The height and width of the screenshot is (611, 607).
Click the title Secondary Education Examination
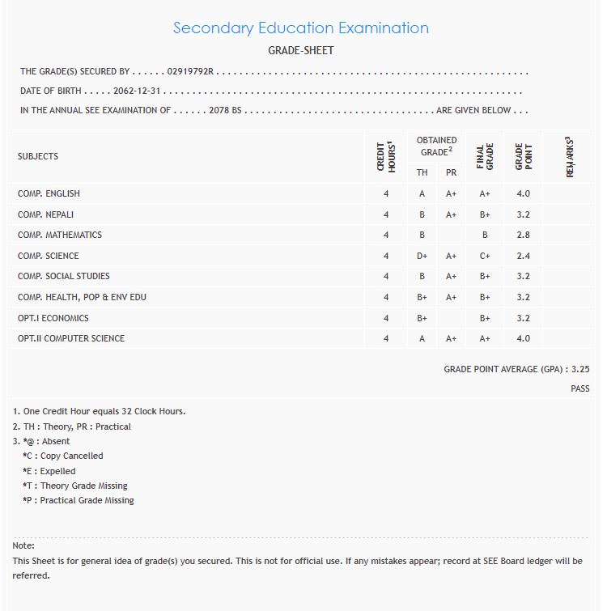point(300,28)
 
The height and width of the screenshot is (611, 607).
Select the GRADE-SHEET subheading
point(300,51)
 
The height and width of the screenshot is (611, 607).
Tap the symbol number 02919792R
point(189,72)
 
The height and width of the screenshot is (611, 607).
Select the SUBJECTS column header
point(38,156)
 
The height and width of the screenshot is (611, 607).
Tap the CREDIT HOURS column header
point(385,156)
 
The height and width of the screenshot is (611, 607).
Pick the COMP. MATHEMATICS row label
point(60,235)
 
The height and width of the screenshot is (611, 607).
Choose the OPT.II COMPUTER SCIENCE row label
point(71,338)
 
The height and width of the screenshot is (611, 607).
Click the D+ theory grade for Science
point(422,256)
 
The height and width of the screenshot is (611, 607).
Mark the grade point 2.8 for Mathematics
point(523,235)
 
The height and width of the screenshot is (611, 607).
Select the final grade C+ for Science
point(485,256)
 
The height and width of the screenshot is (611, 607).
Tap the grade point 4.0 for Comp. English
point(523,193)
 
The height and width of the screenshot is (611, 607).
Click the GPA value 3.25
point(580,369)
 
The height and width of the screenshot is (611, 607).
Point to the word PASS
point(580,389)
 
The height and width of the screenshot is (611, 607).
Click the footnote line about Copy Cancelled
point(63,456)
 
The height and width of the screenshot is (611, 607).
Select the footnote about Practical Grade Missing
point(79,500)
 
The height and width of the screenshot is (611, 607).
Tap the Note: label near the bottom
point(23,545)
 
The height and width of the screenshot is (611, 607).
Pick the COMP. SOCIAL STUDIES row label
point(64,276)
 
